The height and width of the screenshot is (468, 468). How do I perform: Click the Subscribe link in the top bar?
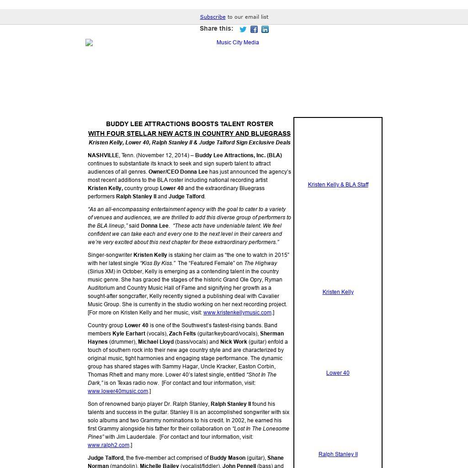coord(213,17)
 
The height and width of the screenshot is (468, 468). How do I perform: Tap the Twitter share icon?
coord(243,30)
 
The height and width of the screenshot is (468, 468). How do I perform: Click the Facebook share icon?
coord(254,30)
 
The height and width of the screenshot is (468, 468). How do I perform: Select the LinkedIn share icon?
coord(265,30)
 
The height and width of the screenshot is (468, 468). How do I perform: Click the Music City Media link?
coord(238,43)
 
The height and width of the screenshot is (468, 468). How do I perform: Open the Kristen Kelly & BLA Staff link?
coord(338,185)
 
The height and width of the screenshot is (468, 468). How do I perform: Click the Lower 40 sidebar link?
coord(338,373)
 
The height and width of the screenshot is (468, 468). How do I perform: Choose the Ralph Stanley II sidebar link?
coord(338,454)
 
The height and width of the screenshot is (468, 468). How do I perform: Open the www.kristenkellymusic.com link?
coord(237,313)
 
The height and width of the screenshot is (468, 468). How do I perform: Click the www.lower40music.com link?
coord(118,391)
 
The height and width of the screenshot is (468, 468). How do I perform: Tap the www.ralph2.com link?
coord(108,445)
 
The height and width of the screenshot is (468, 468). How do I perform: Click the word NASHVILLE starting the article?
coord(103,155)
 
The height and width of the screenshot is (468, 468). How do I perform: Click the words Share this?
coord(216,28)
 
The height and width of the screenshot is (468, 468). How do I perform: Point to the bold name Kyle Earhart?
coord(128,334)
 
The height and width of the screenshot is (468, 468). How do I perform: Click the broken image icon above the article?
coord(89,43)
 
